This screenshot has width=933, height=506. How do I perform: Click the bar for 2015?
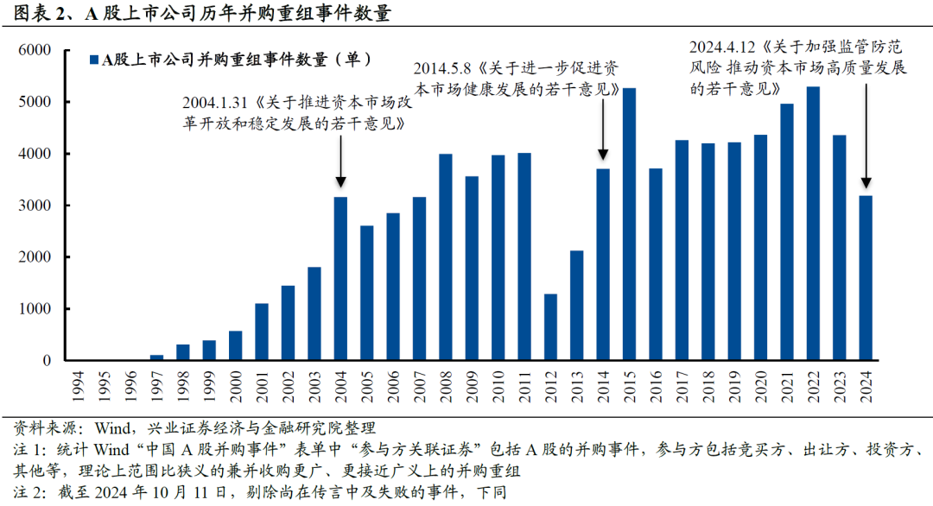click(630, 225)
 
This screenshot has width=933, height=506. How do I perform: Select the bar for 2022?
click(813, 224)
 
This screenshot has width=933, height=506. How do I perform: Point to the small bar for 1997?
click(156, 357)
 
